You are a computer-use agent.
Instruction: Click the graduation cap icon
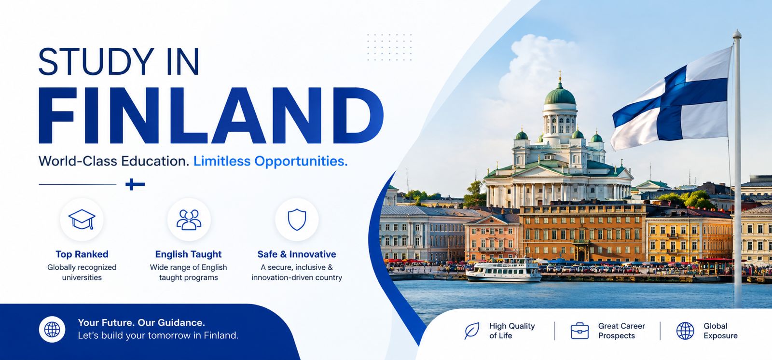[82, 219]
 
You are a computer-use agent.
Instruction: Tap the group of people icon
[189, 219]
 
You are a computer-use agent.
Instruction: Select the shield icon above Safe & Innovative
[297, 219]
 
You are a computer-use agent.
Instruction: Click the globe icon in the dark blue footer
[52, 329]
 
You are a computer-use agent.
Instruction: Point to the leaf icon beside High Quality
[471, 331]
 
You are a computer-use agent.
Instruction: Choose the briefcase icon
[579, 331]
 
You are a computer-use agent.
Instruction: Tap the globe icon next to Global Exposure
[685, 331]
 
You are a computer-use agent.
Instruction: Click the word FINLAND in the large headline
[211, 115]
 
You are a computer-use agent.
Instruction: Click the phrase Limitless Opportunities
[271, 161]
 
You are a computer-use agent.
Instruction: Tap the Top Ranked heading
[82, 254]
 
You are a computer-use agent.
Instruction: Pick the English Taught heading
[189, 254]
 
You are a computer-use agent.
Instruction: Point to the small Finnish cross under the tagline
[135, 184]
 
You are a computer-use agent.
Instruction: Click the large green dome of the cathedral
[560, 96]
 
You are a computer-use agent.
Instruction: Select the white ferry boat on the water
[504, 270]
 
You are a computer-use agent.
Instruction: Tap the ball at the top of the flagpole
[737, 34]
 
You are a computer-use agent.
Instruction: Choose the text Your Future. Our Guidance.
[141, 323]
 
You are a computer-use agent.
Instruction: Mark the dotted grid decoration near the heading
[389, 47]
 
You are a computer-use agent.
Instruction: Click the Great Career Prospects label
[621, 331]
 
